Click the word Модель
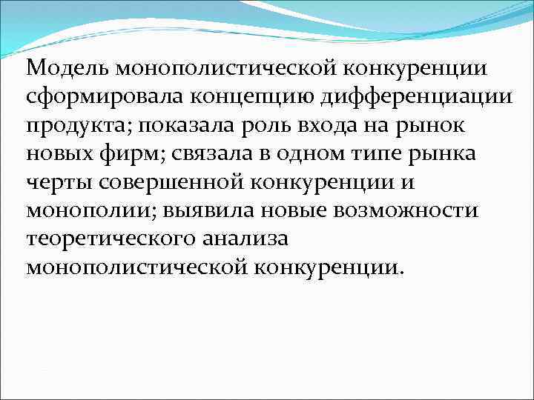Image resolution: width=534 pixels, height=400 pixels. [62, 69]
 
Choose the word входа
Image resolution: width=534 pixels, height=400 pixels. [324, 125]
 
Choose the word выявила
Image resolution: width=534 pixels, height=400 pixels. [204, 210]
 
